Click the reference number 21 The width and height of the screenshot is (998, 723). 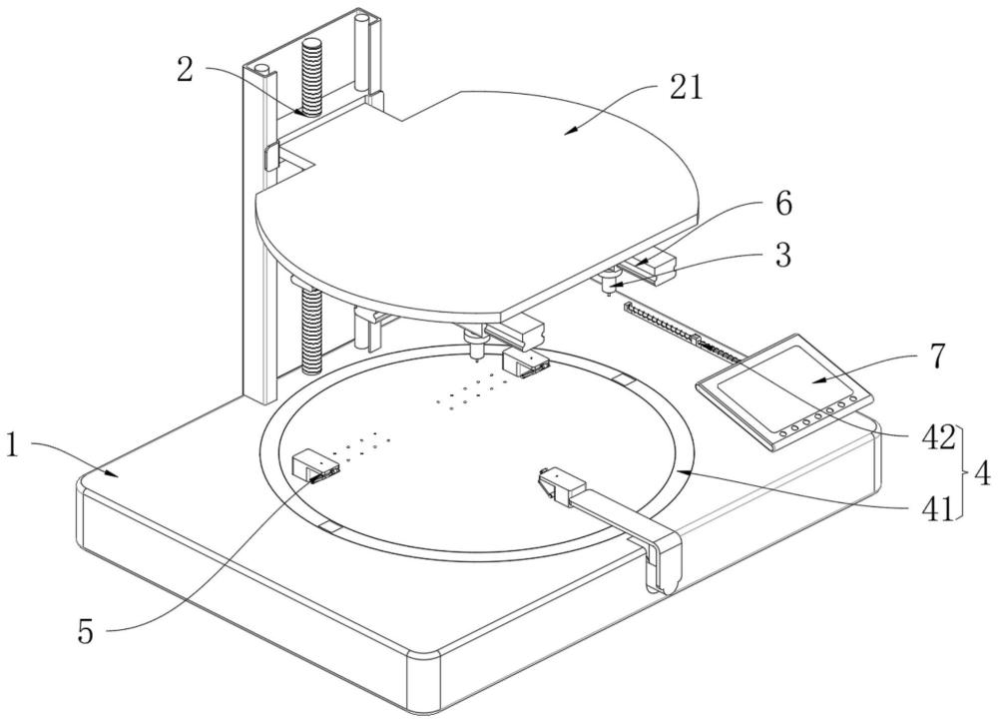pos(687,87)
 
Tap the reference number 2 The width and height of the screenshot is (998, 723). pos(185,70)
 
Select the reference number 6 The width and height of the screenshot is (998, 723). pos(782,205)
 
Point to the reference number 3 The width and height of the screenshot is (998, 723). pos(782,255)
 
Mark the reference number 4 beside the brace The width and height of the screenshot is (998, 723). pos(982,474)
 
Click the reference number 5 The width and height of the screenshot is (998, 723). pos(85,632)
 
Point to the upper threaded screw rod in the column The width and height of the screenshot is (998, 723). pos(311,77)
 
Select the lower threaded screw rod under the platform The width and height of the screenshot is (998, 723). pos(310,332)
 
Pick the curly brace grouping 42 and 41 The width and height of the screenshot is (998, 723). pos(965,473)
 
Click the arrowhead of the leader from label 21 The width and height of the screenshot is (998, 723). pos(570,131)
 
